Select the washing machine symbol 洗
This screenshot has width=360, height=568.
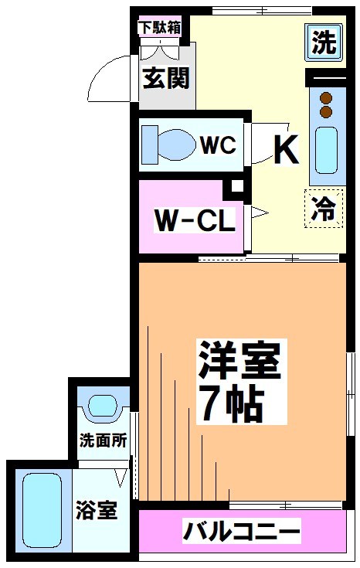324,41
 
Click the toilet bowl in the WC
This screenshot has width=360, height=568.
172,144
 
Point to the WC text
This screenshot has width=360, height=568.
219,145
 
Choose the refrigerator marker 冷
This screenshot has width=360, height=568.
323,209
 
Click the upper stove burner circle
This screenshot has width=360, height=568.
325,98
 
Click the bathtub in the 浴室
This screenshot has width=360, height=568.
41,512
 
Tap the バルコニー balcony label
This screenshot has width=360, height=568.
241,532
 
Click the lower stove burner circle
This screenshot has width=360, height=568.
325,112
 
